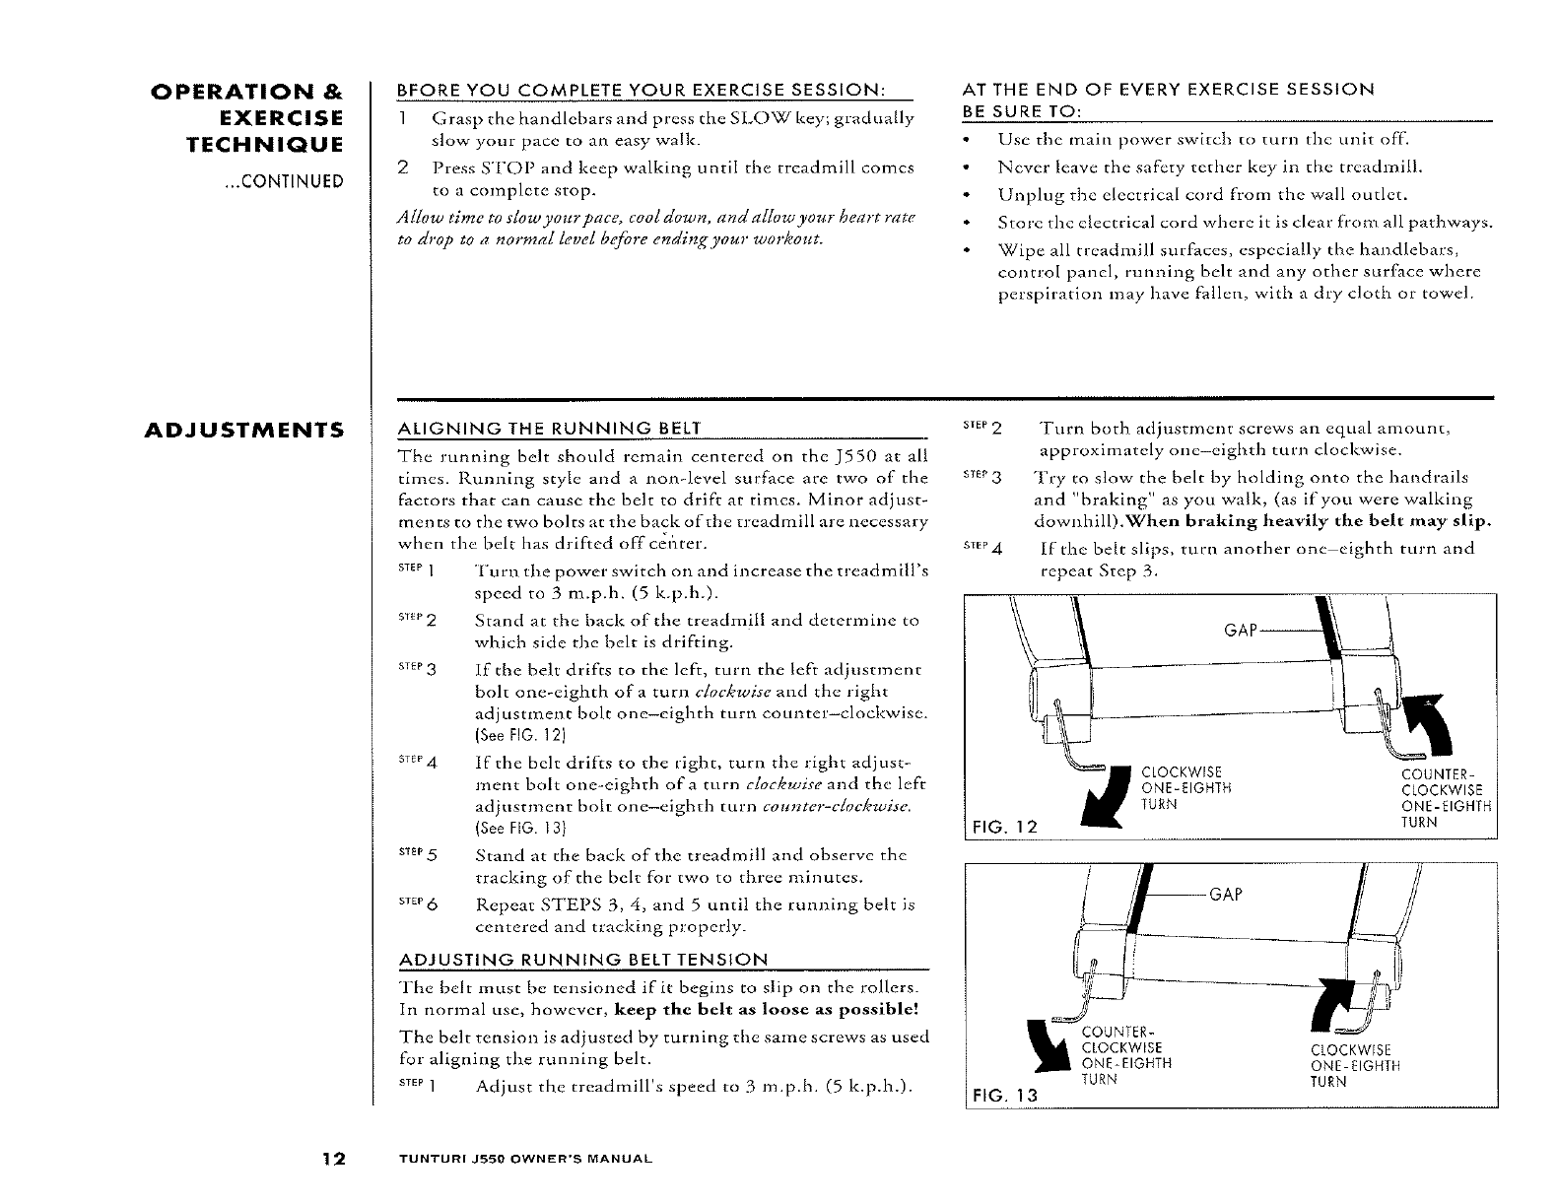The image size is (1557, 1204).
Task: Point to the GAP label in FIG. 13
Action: pos(1225,895)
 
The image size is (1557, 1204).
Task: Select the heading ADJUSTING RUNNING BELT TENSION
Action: pos(581,960)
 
